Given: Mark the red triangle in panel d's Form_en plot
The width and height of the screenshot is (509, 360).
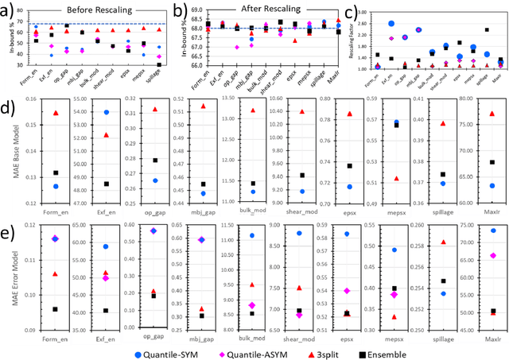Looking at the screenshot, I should tap(56, 113).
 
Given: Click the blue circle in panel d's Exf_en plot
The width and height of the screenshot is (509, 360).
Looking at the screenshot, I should tap(105, 113).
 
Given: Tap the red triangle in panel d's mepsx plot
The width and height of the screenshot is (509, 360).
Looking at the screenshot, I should tap(396, 177).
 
